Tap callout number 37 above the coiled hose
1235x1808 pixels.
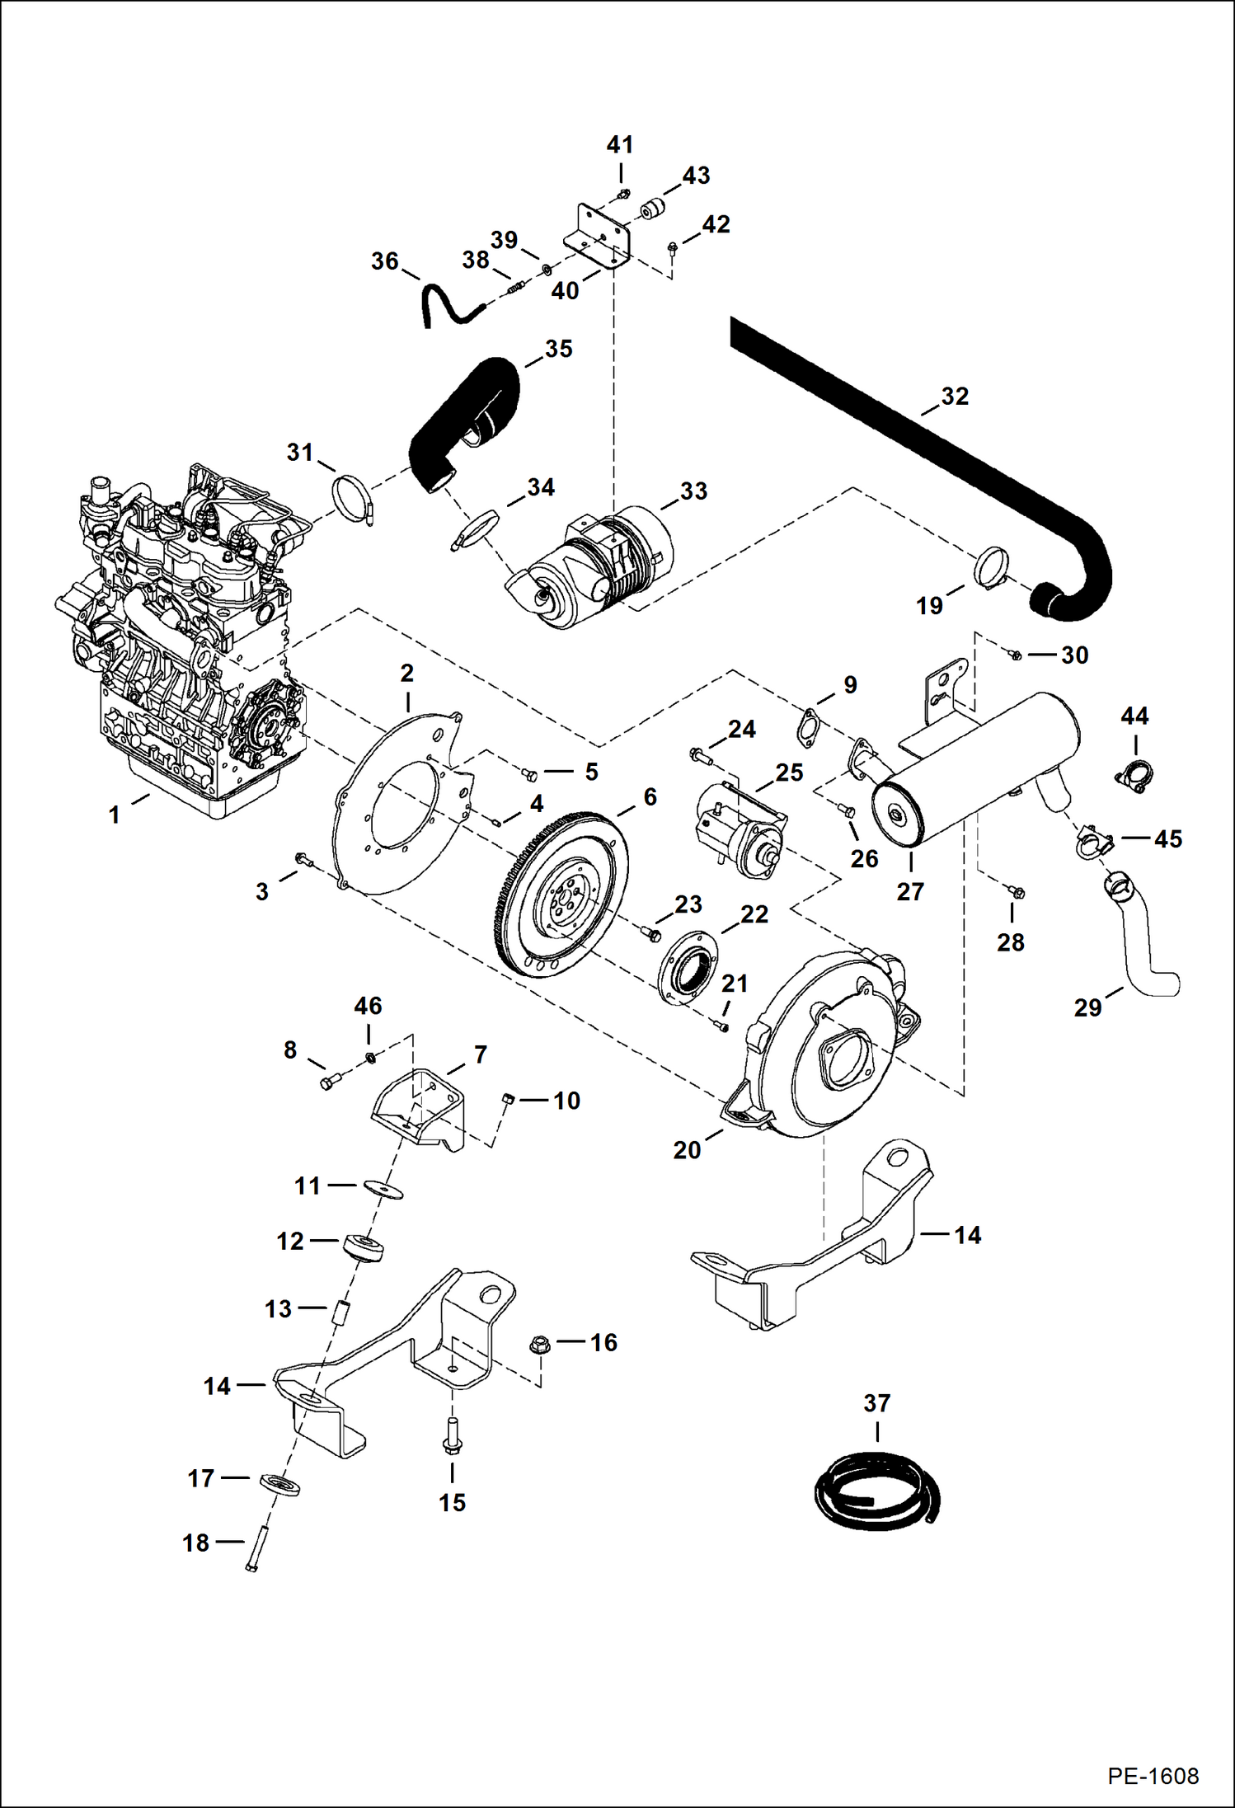(877, 1402)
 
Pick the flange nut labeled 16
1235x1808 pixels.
(539, 1345)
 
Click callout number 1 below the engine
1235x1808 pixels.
(115, 815)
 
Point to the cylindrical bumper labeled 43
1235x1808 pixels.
(653, 209)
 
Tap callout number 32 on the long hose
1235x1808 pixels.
(955, 397)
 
